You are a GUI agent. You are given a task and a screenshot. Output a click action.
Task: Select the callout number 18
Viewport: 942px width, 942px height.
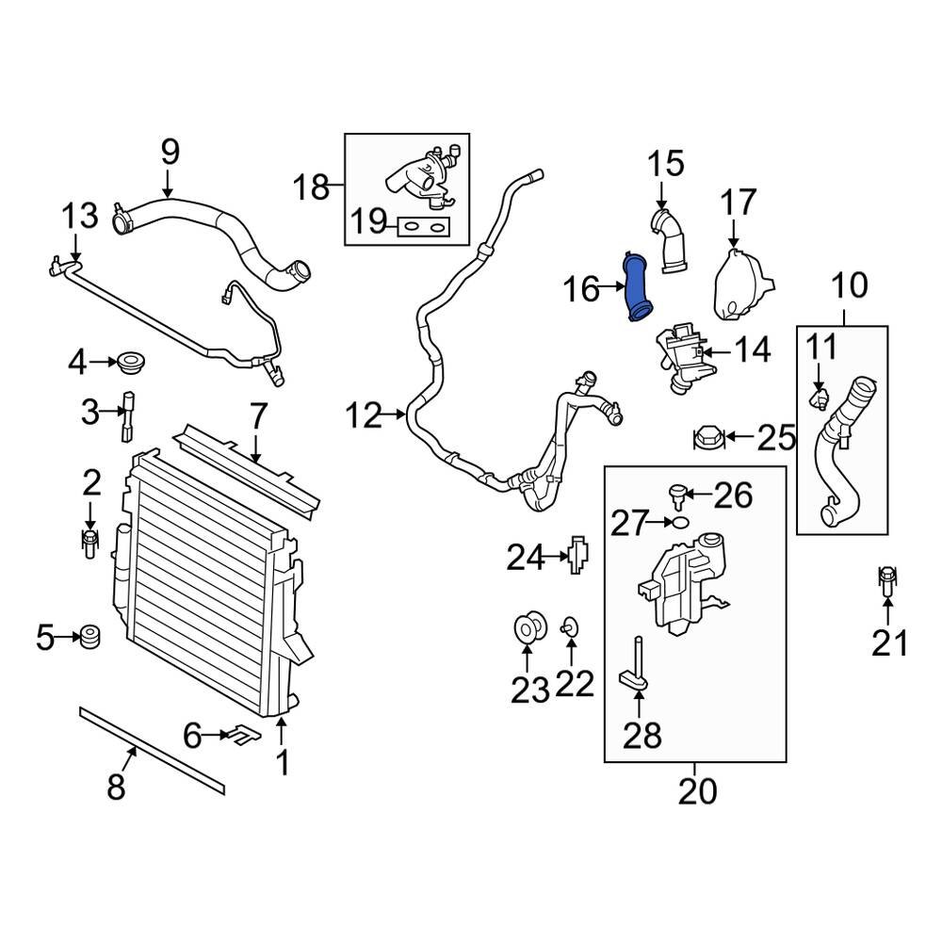(310, 187)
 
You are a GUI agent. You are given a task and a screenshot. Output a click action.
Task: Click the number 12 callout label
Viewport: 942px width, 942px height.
(364, 414)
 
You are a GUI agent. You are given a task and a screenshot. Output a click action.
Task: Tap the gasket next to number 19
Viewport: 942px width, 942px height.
(422, 226)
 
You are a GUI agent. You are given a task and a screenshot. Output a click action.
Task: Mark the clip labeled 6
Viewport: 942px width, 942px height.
(239, 734)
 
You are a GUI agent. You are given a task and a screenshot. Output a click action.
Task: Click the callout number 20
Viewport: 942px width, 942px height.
(696, 790)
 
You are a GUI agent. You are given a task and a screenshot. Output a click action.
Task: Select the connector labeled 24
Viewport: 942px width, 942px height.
(578, 557)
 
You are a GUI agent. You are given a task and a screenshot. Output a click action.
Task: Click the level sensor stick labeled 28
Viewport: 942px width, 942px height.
(638, 666)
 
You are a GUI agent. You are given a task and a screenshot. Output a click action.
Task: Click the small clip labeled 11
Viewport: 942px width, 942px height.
(818, 399)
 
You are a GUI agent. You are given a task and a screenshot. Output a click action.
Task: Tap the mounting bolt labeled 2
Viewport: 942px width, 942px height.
(90, 543)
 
